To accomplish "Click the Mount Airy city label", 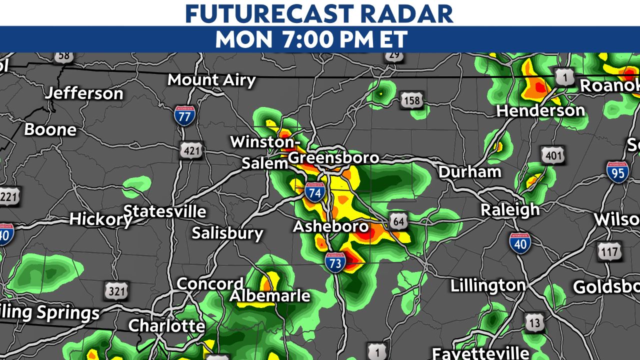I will point(211,80).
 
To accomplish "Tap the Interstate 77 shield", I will point(184,115).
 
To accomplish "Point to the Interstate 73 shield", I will point(335,262).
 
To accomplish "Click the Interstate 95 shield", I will point(617,172).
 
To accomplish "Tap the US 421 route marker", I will point(191,150).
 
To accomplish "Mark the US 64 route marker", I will point(398,221).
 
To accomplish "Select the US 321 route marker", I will point(116,291).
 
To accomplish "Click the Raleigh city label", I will point(510,209).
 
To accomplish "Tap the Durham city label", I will point(469,172).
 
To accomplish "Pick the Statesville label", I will point(164,211).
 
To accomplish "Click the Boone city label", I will point(50,130).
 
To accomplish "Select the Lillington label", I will point(488,286).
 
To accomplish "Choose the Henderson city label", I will point(540,110).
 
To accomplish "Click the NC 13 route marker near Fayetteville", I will point(534,323).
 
